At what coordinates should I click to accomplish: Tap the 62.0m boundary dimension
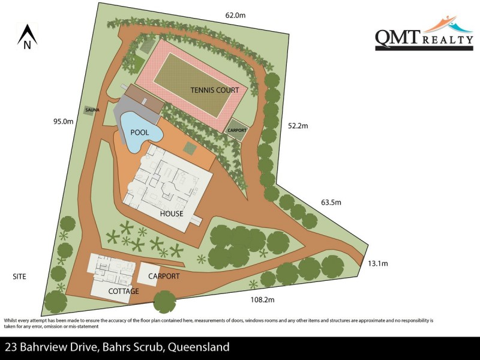tap(235, 14)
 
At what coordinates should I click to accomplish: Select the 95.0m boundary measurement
tap(63, 121)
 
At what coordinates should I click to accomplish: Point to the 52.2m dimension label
tap(298, 126)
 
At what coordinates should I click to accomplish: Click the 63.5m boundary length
tap(331, 202)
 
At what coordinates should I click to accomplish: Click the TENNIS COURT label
tap(215, 90)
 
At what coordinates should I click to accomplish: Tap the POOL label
tap(139, 132)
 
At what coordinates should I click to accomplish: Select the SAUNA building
tap(92, 110)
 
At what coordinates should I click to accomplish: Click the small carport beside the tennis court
tap(236, 130)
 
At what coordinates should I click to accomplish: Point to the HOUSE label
tap(172, 214)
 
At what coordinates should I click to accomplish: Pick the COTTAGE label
tap(124, 292)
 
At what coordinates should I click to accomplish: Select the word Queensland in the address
tap(198, 347)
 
